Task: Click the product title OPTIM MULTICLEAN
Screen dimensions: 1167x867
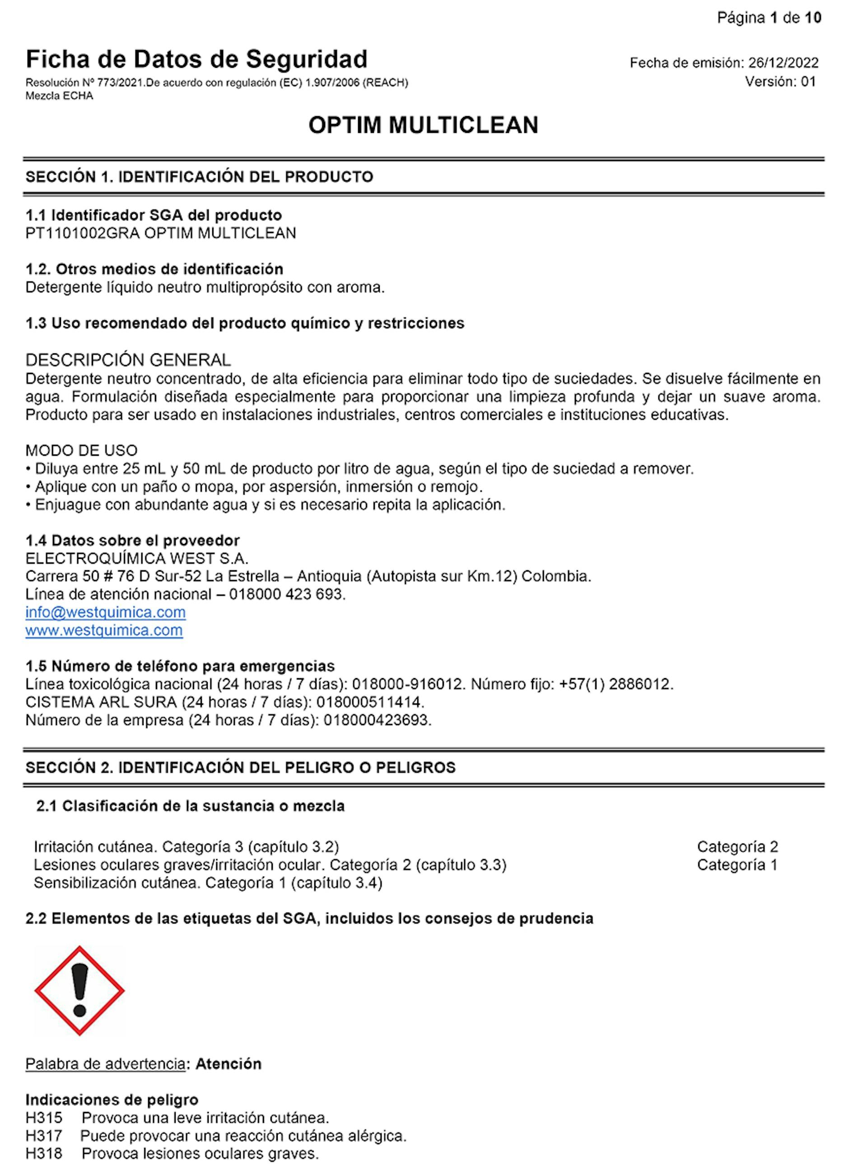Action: tap(423, 126)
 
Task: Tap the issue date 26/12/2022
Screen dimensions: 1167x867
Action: tap(783, 63)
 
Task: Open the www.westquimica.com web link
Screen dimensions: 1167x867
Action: tap(104, 630)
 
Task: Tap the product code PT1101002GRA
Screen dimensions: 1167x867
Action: tap(82, 233)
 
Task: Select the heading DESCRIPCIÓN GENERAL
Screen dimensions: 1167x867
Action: tap(128, 360)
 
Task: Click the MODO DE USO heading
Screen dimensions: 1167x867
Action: tap(81, 450)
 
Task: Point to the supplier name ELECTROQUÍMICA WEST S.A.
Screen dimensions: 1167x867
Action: tap(137, 558)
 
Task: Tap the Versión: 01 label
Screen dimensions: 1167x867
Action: tap(780, 81)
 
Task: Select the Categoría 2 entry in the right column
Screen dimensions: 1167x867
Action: tap(737, 847)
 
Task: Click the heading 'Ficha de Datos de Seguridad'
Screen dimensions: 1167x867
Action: tap(196, 59)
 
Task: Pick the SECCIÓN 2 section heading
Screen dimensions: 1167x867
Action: tap(240, 768)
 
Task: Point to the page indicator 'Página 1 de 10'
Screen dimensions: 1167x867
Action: tap(769, 19)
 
